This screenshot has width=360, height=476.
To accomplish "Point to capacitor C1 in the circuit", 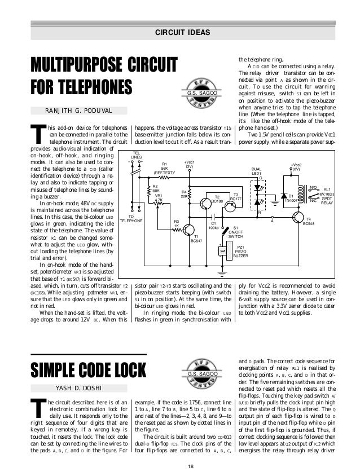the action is click(213, 216).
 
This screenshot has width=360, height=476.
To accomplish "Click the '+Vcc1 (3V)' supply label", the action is click(190, 164).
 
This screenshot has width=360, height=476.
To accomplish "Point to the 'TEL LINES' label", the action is click(136, 155).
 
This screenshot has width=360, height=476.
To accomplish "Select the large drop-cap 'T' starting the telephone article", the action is click(38, 135).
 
